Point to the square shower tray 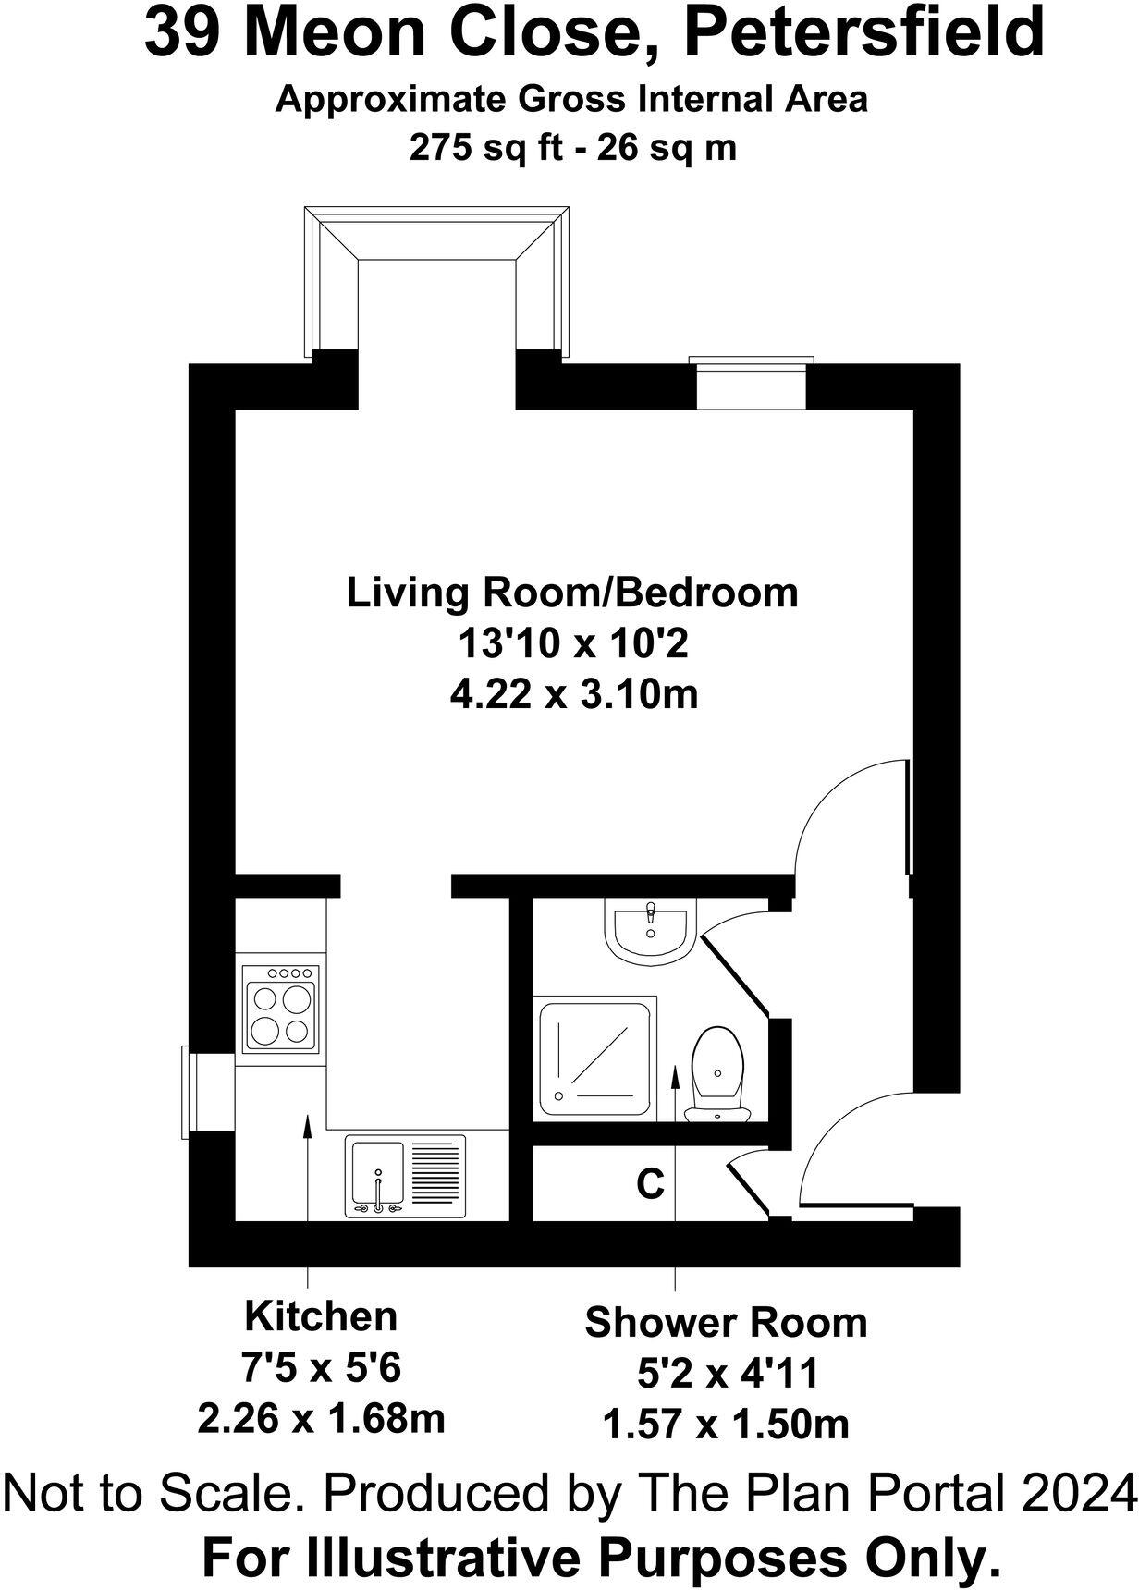pyautogui.click(x=596, y=1057)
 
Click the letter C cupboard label pyautogui.click(x=650, y=1182)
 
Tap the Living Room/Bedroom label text pyautogui.click(x=571, y=593)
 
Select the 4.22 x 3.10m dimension pyautogui.click(x=573, y=693)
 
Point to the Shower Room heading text pyautogui.click(x=726, y=1322)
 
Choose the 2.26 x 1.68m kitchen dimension pyautogui.click(x=321, y=1417)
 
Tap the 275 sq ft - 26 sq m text pyautogui.click(x=573, y=147)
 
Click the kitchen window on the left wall pyautogui.click(x=189, y=1092)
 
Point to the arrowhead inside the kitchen pyautogui.click(x=307, y=1123)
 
